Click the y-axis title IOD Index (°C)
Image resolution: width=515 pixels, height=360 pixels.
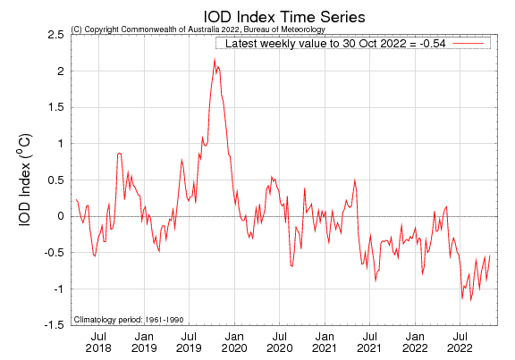(x=27, y=180)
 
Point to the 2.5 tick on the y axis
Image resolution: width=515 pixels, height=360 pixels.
(x=55, y=34)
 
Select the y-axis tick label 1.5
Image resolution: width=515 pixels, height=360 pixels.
(x=55, y=107)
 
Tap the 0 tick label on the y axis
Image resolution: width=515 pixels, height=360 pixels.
(x=59, y=216)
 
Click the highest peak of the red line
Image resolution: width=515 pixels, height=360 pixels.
(x=215, y=59)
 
